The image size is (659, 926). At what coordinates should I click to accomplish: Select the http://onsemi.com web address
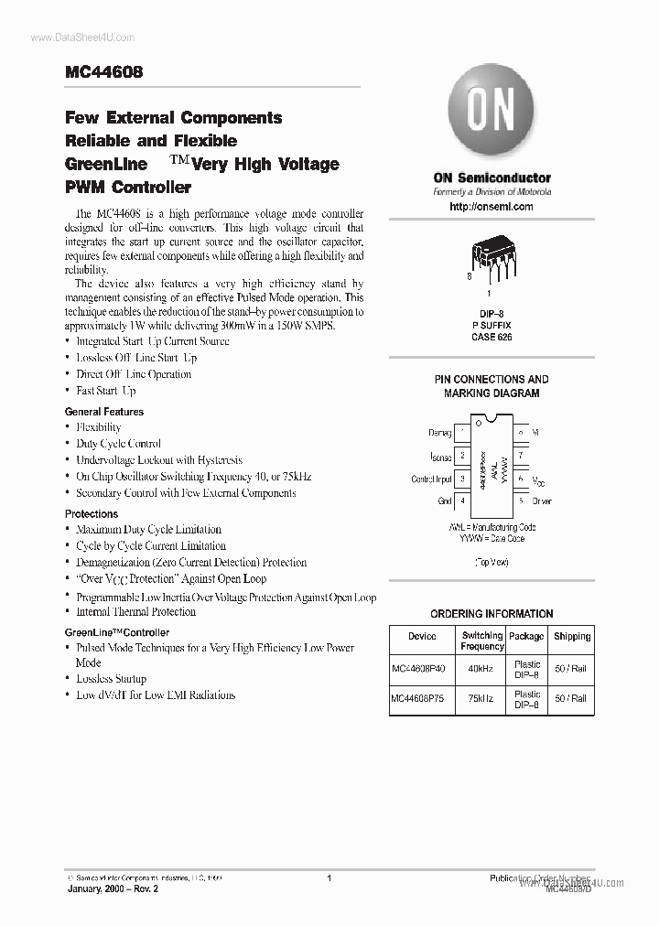pyautogui.click(x=492, y=207)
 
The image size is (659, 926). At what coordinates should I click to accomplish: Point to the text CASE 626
pyautogui.click(x=492, y=338)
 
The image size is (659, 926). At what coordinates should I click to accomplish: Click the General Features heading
pyautogui.click(x=103, y=412)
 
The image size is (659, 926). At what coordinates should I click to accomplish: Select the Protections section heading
pyautogui.click(x=92, y=514)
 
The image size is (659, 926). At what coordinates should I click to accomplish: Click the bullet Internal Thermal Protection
pyautogui.click(x=135, y=612)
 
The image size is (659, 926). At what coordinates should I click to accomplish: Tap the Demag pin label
pyautogui.click(x=440, y=432)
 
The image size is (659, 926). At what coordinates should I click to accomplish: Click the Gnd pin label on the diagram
pyautogui.click(x=445, y=501)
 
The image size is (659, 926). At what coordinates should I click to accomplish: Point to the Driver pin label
pyautogui.click(x=541, y=501)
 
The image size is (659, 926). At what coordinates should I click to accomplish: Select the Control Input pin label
pyautogui.click(x=431, y=479)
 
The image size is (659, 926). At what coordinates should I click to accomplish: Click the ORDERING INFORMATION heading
pyautogui.click(x=492, y=614)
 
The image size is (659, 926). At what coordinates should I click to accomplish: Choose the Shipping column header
pyautogui.click(x=572, y=636)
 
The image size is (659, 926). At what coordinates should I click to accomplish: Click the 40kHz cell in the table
pyautogui.click(x=481, y=669)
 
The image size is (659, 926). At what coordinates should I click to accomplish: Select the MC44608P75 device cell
pyautogui.click(x=422, y=699)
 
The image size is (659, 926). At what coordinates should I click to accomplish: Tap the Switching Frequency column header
pyautogui.click(x=481, y=641)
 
